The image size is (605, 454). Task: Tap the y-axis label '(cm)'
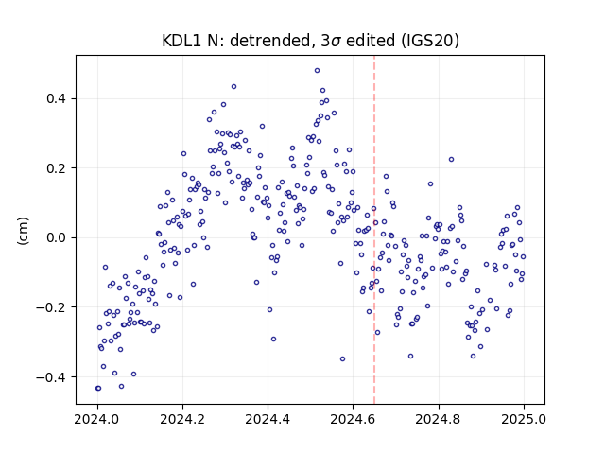(x=23, y=231)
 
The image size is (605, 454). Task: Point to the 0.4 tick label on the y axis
(x=57, y=98)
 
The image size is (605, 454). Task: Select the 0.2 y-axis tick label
(x=57, y=168)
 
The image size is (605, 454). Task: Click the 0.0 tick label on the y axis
(x=57, y=237)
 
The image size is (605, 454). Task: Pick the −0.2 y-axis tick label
(x=52, y=307)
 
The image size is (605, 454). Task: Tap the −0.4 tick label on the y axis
(x=52, y=376)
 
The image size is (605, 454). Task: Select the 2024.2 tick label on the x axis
(x=182, y=419)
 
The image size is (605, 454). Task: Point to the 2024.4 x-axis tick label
(x=268, y=419)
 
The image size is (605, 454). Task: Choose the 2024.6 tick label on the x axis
(x=353, y=419)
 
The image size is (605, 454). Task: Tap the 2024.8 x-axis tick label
(x=438, y=419)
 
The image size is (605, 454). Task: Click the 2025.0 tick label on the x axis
(x=524, y=419)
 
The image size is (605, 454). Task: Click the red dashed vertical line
(x=374, y=230)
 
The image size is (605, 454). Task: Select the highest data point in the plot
(x=318, y=71)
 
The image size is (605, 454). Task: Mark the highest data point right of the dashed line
(x=452, y=160)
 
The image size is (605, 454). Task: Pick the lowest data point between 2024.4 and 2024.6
(x=342, y=359)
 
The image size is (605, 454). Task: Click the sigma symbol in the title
(x=337, y=42)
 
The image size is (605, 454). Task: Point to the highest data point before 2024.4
(x=233, y=87)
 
